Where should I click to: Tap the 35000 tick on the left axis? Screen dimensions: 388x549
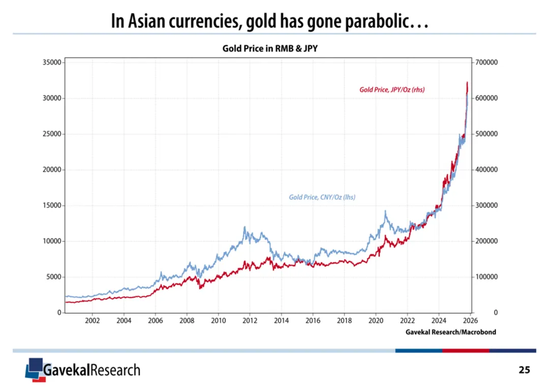click(x=51, y=62)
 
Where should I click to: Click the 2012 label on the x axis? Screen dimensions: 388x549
click(x=250, y=320)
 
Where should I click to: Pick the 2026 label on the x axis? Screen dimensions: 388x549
click(x=470, y=320)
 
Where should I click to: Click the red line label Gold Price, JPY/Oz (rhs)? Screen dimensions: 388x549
click(x=392, y=89)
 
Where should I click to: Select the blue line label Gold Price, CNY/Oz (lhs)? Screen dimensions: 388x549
click(x=322, y=197)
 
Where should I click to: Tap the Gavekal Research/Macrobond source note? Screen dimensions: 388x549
click(x=451, y=332)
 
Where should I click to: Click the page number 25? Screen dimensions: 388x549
click(x=524, y=370)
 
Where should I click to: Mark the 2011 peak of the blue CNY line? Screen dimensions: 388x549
click(x=245, y=227)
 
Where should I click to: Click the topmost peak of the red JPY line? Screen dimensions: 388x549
click(x=467, y=82)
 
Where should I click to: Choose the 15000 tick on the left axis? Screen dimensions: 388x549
click(x=51, y=205)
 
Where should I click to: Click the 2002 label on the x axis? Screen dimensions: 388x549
click(x=92, y=320)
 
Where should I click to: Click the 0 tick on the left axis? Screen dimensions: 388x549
click(x=58, y=313)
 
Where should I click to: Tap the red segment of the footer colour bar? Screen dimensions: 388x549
click(x=465, y=350)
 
